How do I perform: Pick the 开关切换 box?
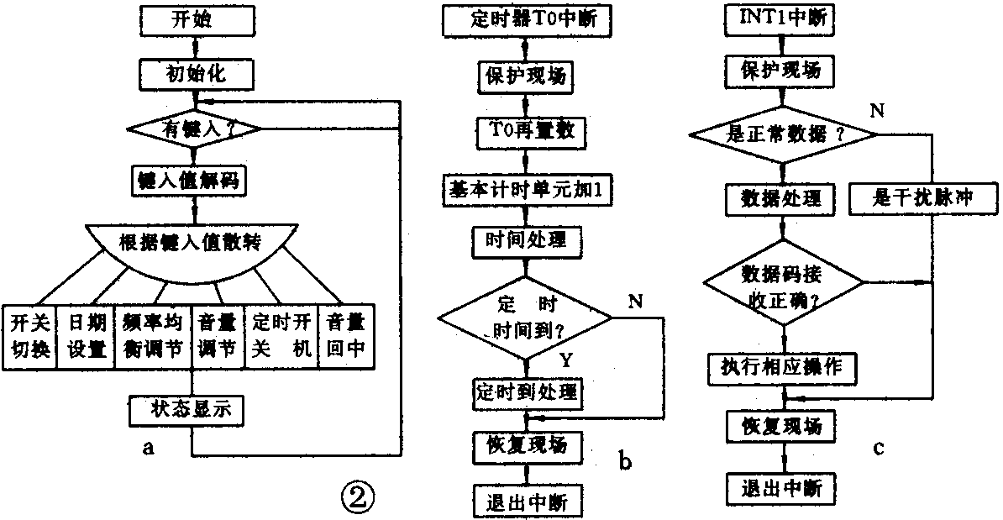[29, 335]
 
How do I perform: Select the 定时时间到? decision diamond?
[525, 317]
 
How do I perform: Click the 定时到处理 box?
[525, 391]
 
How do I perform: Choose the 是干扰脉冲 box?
[923, 199]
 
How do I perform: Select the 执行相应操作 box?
[781, 367]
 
